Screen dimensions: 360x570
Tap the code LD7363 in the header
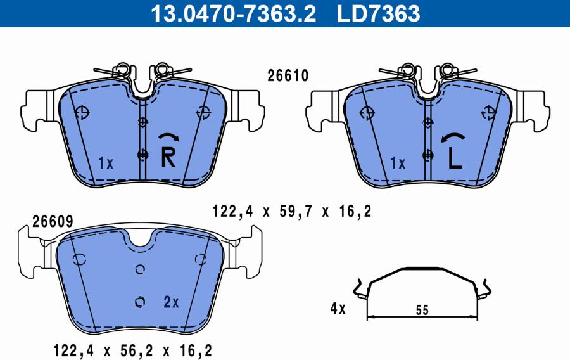[x=379, y=13]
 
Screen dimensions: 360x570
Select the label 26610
[x=288, y=76]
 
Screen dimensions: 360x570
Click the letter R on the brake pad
[x=168, y=157]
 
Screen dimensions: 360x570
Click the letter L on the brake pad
[x=454, y=158]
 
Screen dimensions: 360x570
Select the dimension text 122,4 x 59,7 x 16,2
[x=291, y=212]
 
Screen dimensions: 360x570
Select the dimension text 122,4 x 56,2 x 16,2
[x=132, y=349]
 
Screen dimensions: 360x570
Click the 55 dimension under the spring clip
[x=423, y=310]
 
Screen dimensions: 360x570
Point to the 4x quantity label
[x=338, y=309]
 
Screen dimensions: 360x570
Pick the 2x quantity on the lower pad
[x=171, y=302]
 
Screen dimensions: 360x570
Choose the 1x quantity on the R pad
[x=106, y=164]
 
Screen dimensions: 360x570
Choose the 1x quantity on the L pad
[x=397, y=164]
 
